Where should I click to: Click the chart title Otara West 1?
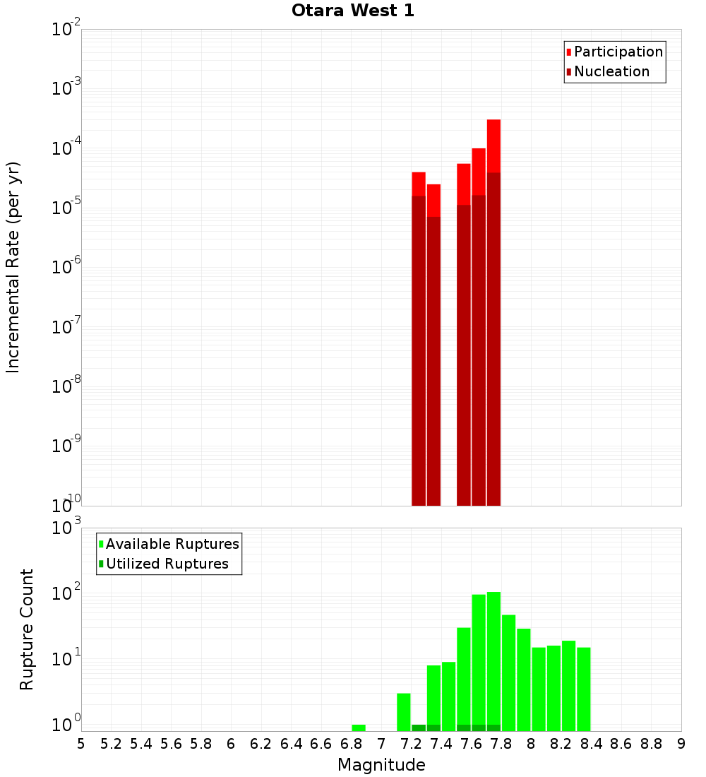pos(352,11)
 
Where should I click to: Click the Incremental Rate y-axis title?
pos(13,267)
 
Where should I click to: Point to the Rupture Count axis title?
pos(27,629)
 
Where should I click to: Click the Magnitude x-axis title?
pos(381,765)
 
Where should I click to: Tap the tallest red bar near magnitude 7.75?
pos(493,311)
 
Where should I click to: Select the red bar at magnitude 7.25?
pos(419,339)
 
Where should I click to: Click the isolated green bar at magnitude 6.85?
pos(359,728)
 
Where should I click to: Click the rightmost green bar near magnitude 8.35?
pos(584,689)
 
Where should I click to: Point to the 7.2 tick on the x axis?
pos(411,744)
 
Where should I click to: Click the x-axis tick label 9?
pos(681,744)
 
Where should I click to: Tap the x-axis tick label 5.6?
pos(171,744)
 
